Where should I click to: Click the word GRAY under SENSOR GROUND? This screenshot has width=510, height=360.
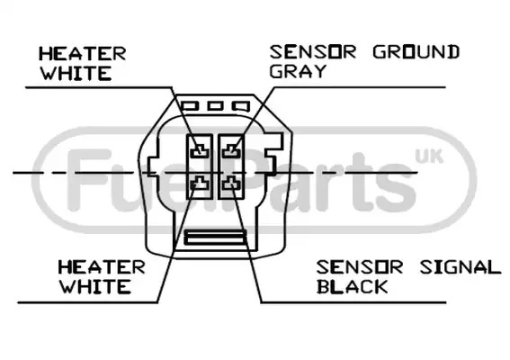298,71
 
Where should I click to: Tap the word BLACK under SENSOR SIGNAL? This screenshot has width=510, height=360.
352,287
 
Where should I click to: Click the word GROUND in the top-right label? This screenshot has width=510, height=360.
416,52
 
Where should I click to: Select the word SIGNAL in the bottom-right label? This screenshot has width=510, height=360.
461,267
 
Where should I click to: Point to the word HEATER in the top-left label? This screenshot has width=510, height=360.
82,54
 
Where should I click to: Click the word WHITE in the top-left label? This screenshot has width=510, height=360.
76,74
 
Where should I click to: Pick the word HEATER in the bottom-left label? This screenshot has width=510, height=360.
102,267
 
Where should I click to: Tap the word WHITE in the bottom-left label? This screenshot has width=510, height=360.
95,287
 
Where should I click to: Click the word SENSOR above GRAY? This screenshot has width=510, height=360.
313,52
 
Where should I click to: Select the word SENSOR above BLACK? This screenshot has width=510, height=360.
360,267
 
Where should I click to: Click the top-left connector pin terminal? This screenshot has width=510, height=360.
200,151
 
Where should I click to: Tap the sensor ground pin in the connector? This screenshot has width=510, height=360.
231,151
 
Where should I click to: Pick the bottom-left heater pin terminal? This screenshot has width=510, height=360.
200,184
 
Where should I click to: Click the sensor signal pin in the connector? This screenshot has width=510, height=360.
231,184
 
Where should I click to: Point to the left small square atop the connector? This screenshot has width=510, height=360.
190,106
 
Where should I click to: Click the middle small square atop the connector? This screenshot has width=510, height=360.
215,106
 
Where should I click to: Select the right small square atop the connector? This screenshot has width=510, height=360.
241,106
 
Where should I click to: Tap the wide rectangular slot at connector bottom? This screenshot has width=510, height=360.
215,238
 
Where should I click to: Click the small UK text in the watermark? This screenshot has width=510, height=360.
429,157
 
